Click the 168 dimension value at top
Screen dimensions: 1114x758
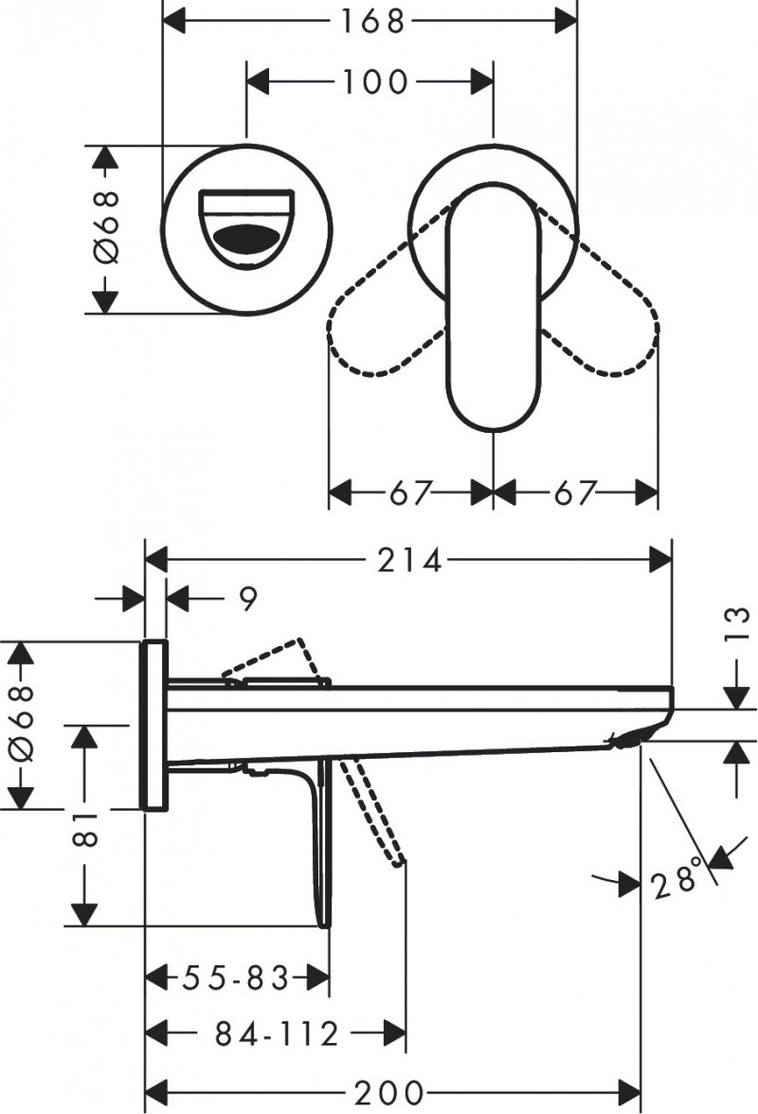click(x=370, y=21)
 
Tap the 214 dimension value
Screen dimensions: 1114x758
click(x=410, y=561)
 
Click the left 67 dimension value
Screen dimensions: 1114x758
click(x=410, y=494)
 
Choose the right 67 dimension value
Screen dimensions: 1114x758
click(x=575, y=494)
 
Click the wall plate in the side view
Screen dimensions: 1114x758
click(x=154, y=725)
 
